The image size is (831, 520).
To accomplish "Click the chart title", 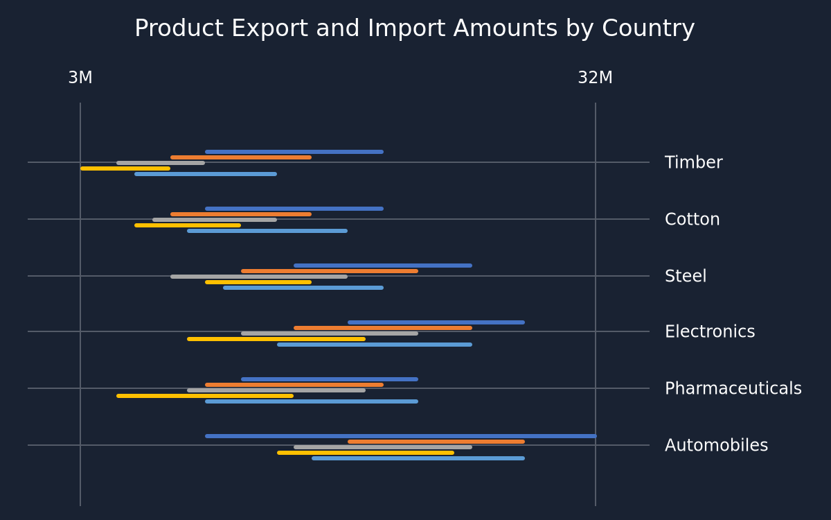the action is pyautogui.click(x=414, y=28).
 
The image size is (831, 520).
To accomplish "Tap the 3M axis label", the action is pyautogui.click(x=80, y=78).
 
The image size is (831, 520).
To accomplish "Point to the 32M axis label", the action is pyautogui.click(x=595, y=78).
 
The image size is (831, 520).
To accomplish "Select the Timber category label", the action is pyautogui.click(x=693, y=162).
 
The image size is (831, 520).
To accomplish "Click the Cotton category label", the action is pyautogui.click(x=692, y=219).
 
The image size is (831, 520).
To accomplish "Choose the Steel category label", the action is pyautogui.click(x=686, y=276).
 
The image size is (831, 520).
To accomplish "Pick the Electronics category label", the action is pyautogui.click(x=710, y=331).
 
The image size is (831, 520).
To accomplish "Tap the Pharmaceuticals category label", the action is pyautogui.click(x=733, y=388).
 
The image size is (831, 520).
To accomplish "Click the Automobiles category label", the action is pyautogui.click(x=716, y=445).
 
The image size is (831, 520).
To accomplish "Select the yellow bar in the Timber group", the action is pyautogui.click(x=125, y=168).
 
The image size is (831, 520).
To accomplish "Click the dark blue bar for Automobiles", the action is pyautogui.click(x=401, y=436).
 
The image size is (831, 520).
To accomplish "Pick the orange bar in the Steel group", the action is pyautogui.click(x=330, y=271).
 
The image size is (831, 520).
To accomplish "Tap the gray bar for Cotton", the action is pyautogui.click(x=215, y=220).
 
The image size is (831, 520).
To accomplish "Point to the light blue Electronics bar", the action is pyautogui.click(x=375, y=345).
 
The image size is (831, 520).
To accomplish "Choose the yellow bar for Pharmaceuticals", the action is pyautogui.click(x=205, y=396).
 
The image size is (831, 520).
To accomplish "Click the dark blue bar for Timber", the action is pyautogui.click(x=294, y=152).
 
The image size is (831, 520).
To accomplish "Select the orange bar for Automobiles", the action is pyautogui.click(x=436, y=442).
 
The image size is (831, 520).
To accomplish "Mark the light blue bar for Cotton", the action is pyautogui.click(x=267, y=231).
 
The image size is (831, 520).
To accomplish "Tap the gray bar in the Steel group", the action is pyautogui.click(x=259, y=277).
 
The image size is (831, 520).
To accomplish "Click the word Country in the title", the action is pyautogui.click(x=648, y=28).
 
